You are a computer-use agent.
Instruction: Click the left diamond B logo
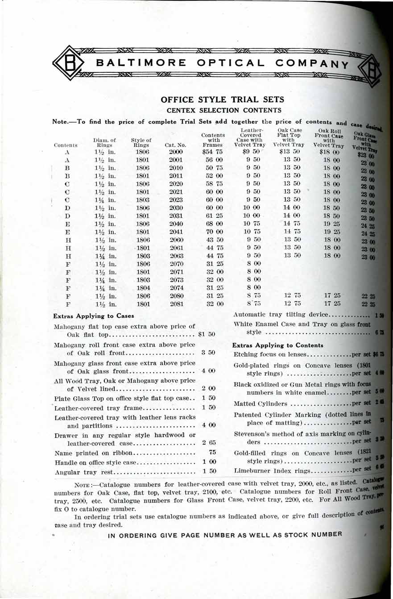click(69, 63)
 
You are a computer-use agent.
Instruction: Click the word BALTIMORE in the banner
click(135, 63)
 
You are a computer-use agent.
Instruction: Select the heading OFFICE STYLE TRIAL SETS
click(222, 99)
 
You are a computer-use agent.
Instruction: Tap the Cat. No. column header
click(175, 145)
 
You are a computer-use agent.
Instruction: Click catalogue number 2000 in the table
click(176, 152)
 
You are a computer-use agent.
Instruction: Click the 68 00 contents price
click(213, 224)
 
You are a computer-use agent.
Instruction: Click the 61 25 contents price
click(213, 216)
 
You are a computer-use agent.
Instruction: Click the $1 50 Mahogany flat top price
click(206, 334)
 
